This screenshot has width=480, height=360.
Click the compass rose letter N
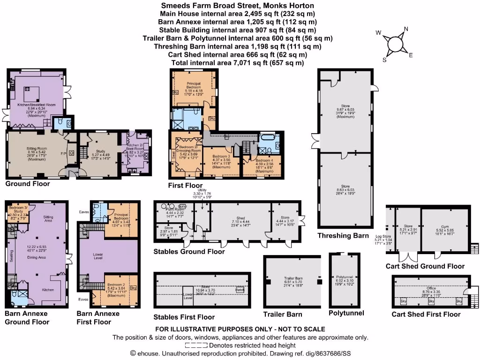pyautogui.click(x=406, y=29)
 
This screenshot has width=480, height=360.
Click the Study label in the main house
pyautogui.click(x=100, y=151)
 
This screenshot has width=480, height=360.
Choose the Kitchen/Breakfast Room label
pyautogui.click(x=36, y=105)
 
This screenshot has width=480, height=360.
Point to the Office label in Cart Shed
pyautogui.click(x=431, y=288)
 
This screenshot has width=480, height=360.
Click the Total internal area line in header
pyautogui.click(x=238, y=62)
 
